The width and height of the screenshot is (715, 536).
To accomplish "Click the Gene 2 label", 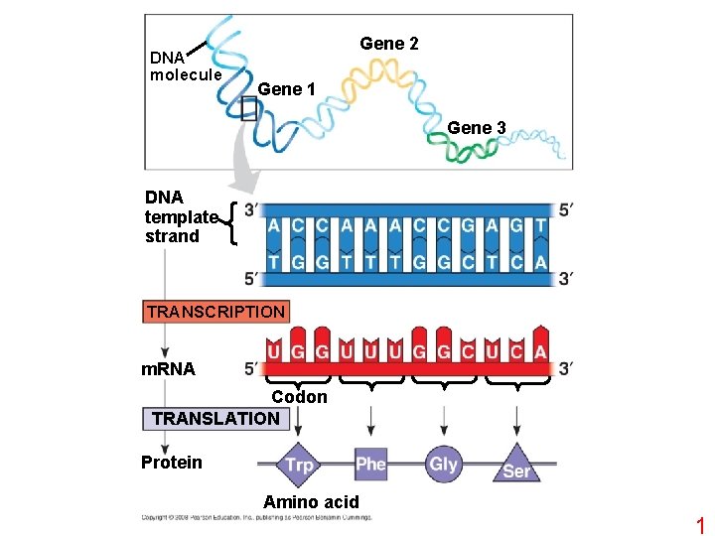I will pos(388,44).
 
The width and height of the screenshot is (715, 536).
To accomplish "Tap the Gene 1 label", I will pos(286,89).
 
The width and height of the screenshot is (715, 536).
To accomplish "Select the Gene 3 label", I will pos(477,127).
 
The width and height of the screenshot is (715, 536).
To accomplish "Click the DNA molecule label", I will pos(185,66).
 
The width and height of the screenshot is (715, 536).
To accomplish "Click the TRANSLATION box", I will pos(215,419).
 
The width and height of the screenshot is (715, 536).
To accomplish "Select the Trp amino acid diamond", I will pos(298,465).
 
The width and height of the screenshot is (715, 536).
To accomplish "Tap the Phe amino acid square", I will pos(370,464).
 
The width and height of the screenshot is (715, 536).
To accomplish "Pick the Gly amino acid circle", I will pos(443,464).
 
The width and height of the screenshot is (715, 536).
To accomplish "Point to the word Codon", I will pos(299,397).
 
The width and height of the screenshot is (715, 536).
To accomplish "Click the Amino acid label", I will pos(311,502).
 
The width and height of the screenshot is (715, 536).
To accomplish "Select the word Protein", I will pos(171,462).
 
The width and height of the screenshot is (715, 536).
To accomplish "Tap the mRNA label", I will pos(167,369).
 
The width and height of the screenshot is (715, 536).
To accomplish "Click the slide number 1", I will pos(699,525).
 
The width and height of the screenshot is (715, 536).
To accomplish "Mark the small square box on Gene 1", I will pos(248,111).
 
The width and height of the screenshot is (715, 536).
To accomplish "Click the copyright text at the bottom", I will pos(256,517).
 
